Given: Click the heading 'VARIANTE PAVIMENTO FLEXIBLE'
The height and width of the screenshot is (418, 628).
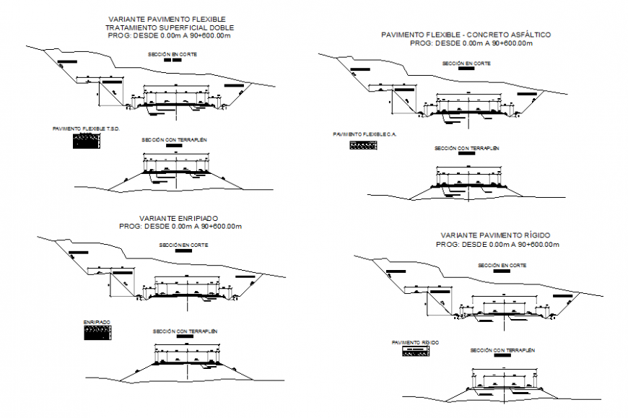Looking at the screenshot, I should click(x=166, y=19).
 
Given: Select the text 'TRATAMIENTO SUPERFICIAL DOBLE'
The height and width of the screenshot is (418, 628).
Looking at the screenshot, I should click(x=166, y=27).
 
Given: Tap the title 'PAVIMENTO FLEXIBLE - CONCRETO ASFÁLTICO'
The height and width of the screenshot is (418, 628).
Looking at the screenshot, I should click(x=466, y=35).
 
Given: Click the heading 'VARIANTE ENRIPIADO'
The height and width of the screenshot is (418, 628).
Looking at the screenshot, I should click(x=180, y=218).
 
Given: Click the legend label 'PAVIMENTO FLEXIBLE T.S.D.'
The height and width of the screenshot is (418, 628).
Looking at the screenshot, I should click(x=86, y=129).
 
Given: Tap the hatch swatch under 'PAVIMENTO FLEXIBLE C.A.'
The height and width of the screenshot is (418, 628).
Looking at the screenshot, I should click(x=364, y=145).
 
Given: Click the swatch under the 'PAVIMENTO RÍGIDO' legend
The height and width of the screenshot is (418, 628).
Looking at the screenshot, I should click(x=415, y=351).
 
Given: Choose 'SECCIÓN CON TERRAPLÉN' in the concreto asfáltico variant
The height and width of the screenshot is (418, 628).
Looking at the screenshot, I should click(x=466, y=148).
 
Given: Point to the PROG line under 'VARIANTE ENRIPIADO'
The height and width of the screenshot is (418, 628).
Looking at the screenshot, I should click(x=180, y=227).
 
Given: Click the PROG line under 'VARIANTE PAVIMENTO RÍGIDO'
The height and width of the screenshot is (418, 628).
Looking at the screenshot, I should click(x=497, y=245).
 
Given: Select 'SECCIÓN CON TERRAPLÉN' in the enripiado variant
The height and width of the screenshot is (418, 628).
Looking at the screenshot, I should click(x=186, y=331).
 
